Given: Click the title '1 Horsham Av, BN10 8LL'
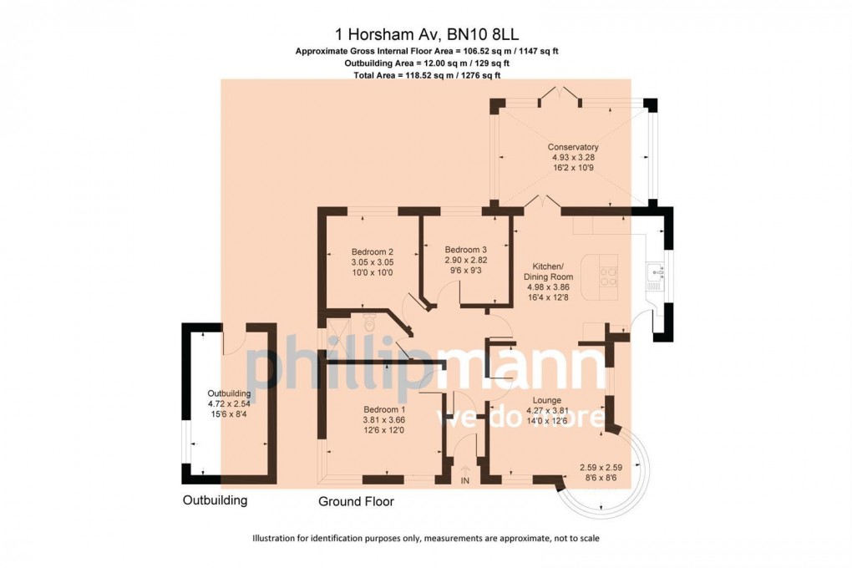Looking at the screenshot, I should (x=426, y=34).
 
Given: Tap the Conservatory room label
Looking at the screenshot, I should (x=574, y=147).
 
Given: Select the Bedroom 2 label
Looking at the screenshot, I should (x=372, y=252).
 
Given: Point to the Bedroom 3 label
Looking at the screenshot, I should (x=465, y=249).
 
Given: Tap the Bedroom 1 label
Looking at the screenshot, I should (x=383, y=410).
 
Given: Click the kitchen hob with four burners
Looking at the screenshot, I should (x=607, y=276).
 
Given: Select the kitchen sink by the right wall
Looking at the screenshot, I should (x=655, y=276).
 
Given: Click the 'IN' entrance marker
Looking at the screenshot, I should (x=465, y=480).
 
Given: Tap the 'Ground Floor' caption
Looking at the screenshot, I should (x=356, y=502).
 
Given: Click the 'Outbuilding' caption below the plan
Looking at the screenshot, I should (x=216, y=501).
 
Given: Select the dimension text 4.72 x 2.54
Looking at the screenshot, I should (x=229, y=403).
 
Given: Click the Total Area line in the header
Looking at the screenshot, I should (x=426, y=75).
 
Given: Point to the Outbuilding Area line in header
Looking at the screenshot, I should (x=426, y=63).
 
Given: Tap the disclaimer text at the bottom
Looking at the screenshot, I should (x=426, y=539).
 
